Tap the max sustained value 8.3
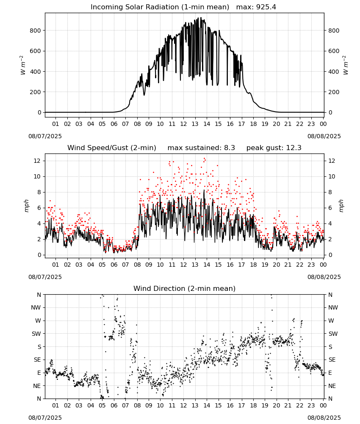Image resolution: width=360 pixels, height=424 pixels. coord(229,148)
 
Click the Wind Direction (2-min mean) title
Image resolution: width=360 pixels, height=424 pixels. coord(185,288)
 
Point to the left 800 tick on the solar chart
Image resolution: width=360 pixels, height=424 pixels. coord(36,31)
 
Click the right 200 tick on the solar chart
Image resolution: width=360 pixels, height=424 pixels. coord(334,92)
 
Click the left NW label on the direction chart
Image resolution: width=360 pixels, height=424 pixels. coord(36,308)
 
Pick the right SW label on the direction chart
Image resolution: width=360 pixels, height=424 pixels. coord(333,334)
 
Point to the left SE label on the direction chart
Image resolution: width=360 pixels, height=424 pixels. coord(37,360)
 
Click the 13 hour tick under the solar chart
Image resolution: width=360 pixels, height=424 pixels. coord(195,124)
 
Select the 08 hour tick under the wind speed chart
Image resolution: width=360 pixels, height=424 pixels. coord(137,265)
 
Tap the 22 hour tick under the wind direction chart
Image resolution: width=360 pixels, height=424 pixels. coord(299,405)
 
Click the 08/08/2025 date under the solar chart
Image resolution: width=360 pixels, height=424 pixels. coord(324,136)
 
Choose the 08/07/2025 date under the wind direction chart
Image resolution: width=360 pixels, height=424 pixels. coord(45,418)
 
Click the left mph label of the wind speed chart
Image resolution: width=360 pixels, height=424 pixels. coord(26,206)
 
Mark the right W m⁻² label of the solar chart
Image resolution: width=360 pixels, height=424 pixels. coord(346,65)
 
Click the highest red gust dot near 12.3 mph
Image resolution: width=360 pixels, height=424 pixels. coord(205,159)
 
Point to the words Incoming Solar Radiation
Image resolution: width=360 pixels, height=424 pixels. coord(135,7)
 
